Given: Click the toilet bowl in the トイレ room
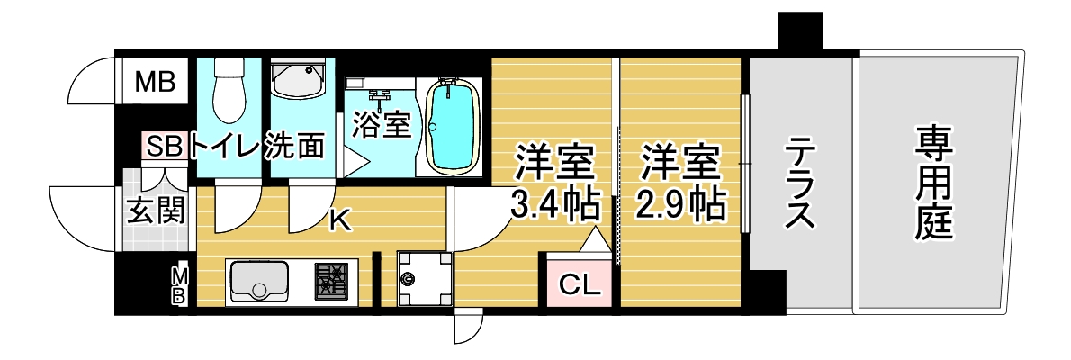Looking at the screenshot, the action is coord(229,89).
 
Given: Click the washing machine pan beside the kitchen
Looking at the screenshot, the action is coord(424,279).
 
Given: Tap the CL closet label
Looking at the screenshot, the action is coord(580,282).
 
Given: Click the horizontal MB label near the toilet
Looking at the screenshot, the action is coord(156,83).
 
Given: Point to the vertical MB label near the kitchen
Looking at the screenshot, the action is coord(178,285).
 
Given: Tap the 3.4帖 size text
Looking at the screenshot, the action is coord(555,202).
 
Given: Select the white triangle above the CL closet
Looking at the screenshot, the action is coord(597,239).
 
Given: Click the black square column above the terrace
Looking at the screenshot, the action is coord(800,31).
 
